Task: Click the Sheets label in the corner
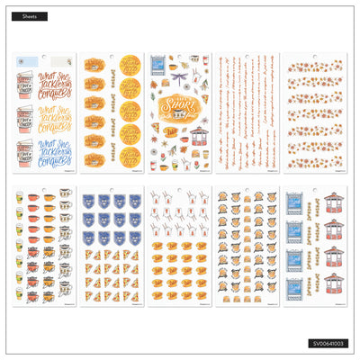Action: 30,16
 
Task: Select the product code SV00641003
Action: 326,343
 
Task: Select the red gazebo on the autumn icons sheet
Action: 197,142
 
